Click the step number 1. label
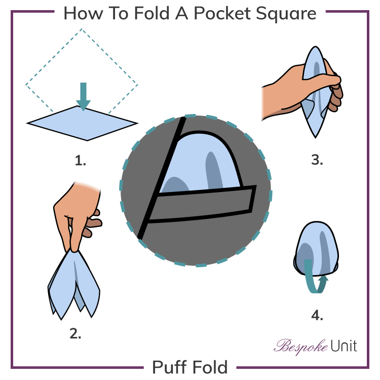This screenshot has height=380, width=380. click(81, 161)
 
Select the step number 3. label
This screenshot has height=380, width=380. click(317, 161)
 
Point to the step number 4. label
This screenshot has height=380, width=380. click(317, 315)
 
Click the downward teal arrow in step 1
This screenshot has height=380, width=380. click(84, 96)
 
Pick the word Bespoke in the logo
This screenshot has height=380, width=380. click(295, 347)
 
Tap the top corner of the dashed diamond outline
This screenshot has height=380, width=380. click(82, 29)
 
